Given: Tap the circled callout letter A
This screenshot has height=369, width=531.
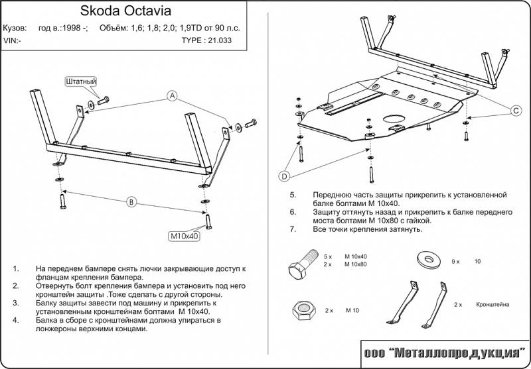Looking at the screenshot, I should (x=172, y=97).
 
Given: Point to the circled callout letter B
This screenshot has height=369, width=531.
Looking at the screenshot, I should (x=131, y=201).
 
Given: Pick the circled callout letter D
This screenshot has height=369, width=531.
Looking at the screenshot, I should (x=283, y=176).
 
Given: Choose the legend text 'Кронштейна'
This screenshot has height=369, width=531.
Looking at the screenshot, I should (x=492, y=304).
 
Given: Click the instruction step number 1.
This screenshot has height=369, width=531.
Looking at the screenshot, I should (x=15, y=269).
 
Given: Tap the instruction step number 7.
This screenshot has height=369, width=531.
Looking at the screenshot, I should (x=293, y=229).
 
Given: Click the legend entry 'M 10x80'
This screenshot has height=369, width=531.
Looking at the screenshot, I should (x=356, y=264).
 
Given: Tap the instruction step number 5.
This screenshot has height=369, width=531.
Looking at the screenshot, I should (x=293, y=195).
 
